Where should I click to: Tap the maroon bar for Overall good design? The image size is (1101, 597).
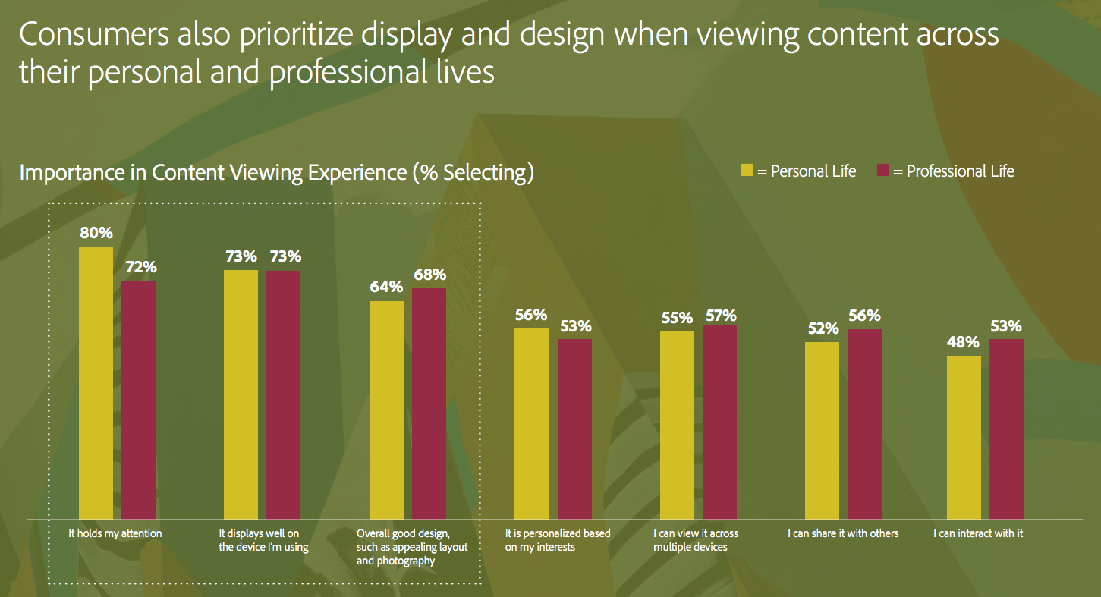[x=429, y=403]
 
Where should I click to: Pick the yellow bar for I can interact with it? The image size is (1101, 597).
[x=964, y=437]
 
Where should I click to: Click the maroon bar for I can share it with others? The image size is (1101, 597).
[x=865, y=423]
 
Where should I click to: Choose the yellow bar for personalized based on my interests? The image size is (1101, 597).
[x=531, y=423]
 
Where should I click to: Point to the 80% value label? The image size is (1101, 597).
[x=96, y=233]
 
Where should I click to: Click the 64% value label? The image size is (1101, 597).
[x=386, y=288]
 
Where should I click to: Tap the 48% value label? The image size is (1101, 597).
[x=963, y=342]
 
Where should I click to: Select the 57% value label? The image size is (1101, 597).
[x=719, y=316]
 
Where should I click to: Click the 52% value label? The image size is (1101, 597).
[x=823, y=328]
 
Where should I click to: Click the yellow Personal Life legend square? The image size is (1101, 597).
[x=747, y=171]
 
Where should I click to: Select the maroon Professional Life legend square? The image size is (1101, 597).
[x=882, y=171]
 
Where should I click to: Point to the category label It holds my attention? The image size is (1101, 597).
[x=115, y=533]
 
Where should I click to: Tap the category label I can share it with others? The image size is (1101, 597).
[x=843, y=533]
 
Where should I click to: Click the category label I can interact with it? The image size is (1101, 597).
[x=978, y=533]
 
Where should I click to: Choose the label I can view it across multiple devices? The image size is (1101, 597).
[x=695, y=540]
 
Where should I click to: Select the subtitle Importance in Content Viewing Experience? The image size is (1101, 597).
[x=277, y=172]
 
